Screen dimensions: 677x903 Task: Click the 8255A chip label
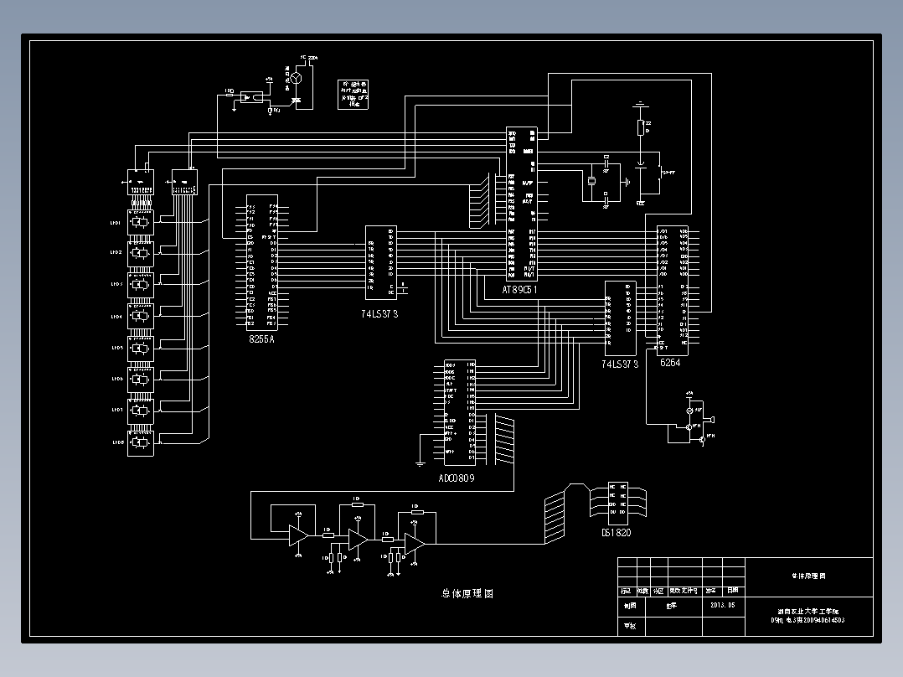(x=261, y=338)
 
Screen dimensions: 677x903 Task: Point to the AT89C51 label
(x=519, y=289)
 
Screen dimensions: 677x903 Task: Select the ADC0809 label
(x=457, y=478)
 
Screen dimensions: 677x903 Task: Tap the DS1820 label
(x=616, y=531)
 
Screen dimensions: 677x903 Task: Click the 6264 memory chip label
(x=671, y=363)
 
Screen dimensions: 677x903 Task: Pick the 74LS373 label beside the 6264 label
(x=620, y=364)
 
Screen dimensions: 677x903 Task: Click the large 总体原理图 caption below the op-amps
(x=467, y=593)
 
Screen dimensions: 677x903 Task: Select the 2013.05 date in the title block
(x=722, y=604)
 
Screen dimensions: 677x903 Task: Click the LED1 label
(x=116, y=224)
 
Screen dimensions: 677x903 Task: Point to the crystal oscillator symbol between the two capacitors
(x=591, y=180)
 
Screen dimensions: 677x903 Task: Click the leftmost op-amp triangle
(x=297, y=535)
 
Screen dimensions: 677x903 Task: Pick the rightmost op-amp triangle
(x=414, y=543)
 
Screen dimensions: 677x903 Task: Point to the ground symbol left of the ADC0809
(x=420, y=462)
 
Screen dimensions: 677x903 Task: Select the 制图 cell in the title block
(x=628, y=604)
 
